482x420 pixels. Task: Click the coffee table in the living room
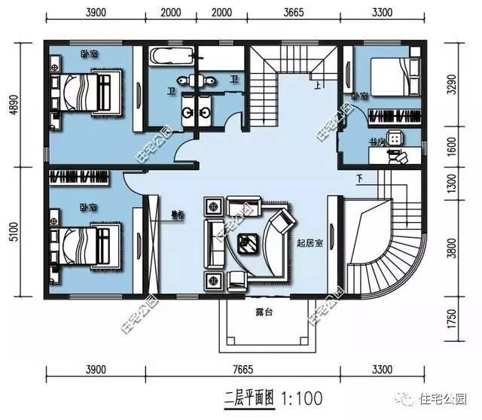246,242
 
